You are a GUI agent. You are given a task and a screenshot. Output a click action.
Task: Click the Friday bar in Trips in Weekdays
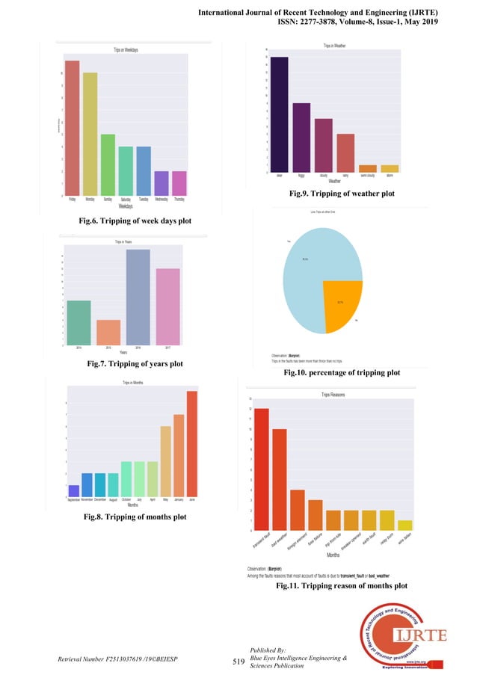pyautogui.click(x=72, y=128)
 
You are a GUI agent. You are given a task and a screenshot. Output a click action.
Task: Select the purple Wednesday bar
pyautogui.click(x=161, y=183)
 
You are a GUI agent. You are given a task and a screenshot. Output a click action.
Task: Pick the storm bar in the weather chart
pyautogui.click(x=390, y=169)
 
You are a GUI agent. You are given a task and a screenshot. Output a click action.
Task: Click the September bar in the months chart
pyautogui.click(x=73, y=491)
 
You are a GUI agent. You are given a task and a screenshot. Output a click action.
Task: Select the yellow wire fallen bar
pyautogui.click(x=404, y=525)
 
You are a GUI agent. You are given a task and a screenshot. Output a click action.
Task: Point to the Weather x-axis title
pyautogui.click(x=334, y=181)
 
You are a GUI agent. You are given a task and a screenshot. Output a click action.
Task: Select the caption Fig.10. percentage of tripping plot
pyautogui.click(x=342, y=372)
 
